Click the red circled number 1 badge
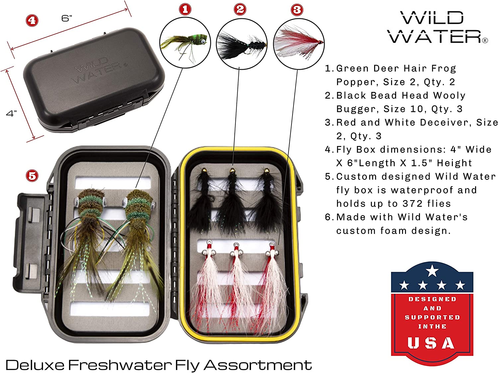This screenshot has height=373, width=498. point(185,9)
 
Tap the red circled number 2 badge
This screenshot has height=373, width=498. point(240,9)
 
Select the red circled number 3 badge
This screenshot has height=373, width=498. point(297,10)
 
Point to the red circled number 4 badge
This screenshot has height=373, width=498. point(32,21)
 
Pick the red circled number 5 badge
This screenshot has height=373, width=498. point(32,176)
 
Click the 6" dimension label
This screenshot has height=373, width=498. point(67,18)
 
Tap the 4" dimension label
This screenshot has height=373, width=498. point(11,113)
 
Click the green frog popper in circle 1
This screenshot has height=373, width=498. point(186,43)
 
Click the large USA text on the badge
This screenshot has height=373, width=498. point(431,343)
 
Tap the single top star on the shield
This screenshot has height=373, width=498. point(432,271)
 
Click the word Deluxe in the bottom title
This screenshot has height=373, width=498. point(35,365)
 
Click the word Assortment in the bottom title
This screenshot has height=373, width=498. point(258,365)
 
